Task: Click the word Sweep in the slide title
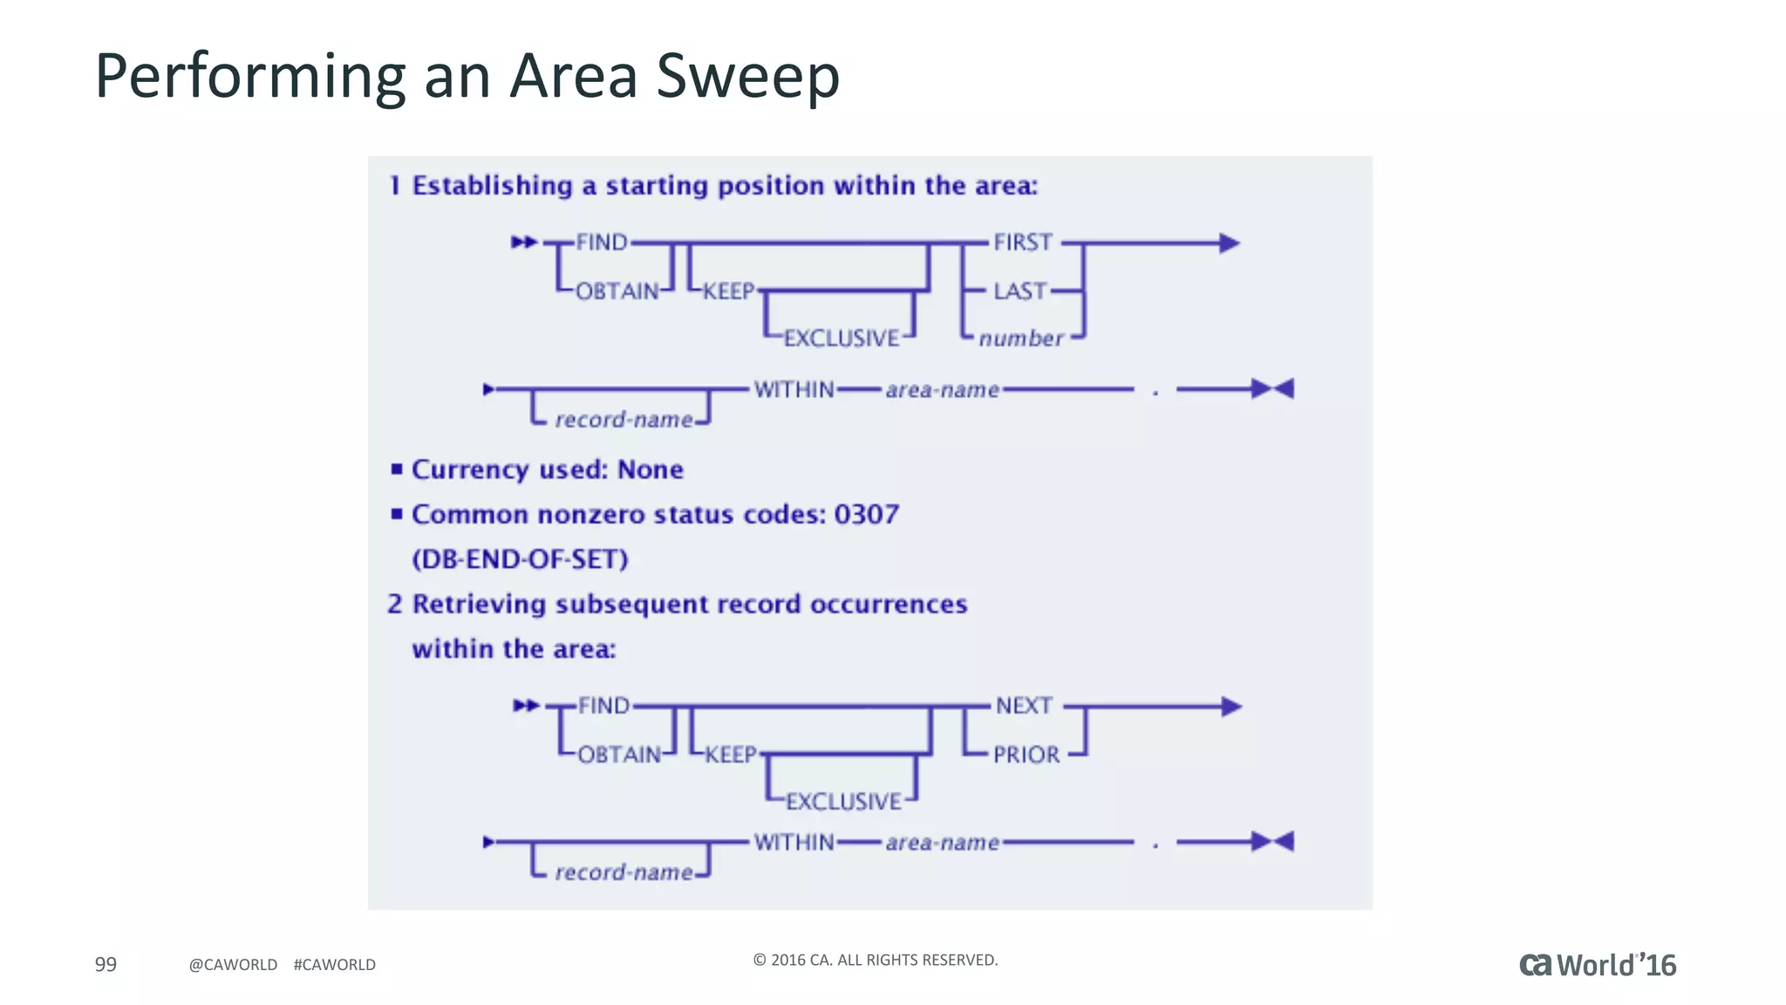pyautogui.click(x=747, y=77)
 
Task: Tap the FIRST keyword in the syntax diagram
pyautogui.click(x=1023, y=243)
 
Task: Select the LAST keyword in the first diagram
pyautogui.click(x=1019, y=291)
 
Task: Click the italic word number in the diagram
pyautogui.click(x=1020, y=338)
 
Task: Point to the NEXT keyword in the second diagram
pyautogui.click(x=1024, y=706)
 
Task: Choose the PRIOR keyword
pyautogui.click(x=1026, y=755)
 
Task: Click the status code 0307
pyautogui.click(x=866, y=515)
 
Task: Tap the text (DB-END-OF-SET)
pyautogui.click(x=520, y=559)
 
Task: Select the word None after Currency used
pyautogui.click(x=650, y=469)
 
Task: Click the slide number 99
pyautogui.click(x=106, y=964)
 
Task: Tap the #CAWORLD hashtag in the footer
pyautogui.click(x=335, y=965)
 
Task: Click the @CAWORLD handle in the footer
pyautogui.click(x=233, y=965)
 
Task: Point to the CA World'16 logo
pyautogui.click(x=1598, y=965)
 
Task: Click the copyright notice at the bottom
pyautogui.click(x=875, y=960)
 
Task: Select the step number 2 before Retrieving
pyautogui.click(x=395, y=604)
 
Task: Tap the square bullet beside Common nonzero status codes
pyautogui.click(x=397, y=514)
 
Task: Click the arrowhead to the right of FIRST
pyautogui.click(x=1229, y=243)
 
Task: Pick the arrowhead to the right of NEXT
pyautogui.click(x=1230, y=706)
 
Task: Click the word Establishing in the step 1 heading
pyautogui.click(x=492, y=186)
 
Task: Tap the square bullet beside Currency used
pyautogui.click(x=397, y=469)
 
